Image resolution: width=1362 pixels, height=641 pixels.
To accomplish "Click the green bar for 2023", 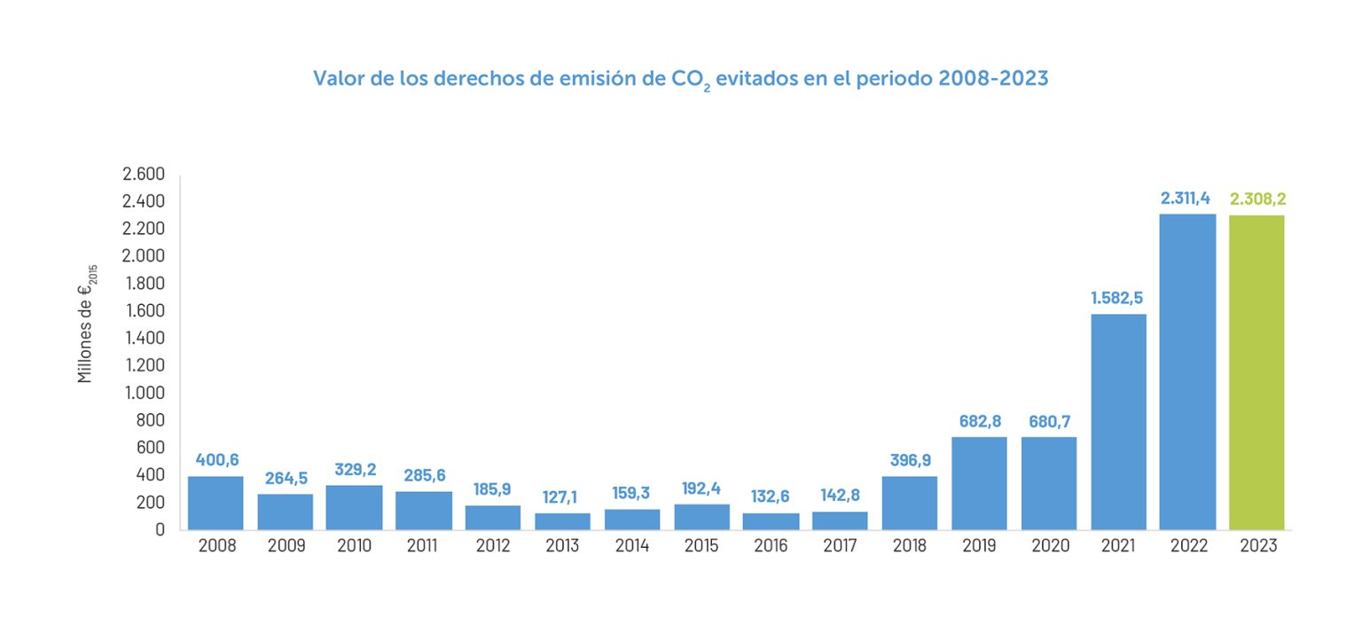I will [1256, 372].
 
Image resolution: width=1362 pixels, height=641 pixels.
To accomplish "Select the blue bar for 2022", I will [1187, 372].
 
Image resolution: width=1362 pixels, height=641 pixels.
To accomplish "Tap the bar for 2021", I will [1118, 422].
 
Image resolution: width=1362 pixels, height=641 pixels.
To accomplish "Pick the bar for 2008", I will [215, 503].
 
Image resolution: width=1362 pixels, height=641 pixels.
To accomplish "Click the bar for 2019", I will [980, 483].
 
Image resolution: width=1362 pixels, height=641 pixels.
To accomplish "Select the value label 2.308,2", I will [1257, 199].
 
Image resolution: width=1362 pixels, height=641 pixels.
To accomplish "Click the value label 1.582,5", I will [1118, 298].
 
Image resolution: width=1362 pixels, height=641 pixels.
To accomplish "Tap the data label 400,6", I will [215, 460].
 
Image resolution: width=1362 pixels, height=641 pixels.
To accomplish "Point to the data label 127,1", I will [562, 496].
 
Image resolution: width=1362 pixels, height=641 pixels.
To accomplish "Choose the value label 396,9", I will [910, 460].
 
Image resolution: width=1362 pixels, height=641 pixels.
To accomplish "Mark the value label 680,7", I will [1049, 420].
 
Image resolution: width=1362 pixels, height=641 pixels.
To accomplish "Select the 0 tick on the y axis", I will [160, 529].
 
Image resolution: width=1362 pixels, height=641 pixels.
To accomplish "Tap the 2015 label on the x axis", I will [701, 546].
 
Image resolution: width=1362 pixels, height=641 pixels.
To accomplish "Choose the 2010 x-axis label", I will [354, 546].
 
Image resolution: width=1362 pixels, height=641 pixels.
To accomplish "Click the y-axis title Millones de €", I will [86, 324].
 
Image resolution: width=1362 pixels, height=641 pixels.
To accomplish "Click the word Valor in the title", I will [335, 78].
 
